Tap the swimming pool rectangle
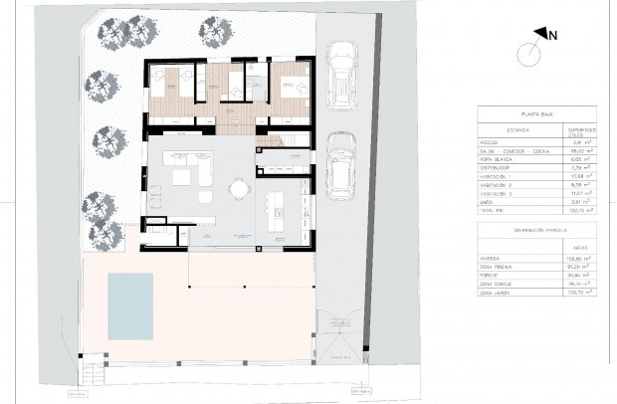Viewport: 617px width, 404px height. [130, 304]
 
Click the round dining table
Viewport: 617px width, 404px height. [239, 188]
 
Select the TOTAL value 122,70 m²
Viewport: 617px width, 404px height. [577, 211]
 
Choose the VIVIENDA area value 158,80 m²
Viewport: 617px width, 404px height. [578, 257]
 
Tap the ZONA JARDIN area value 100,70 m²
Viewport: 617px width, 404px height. [578, 294]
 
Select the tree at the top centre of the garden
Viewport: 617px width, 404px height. [216, 31]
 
